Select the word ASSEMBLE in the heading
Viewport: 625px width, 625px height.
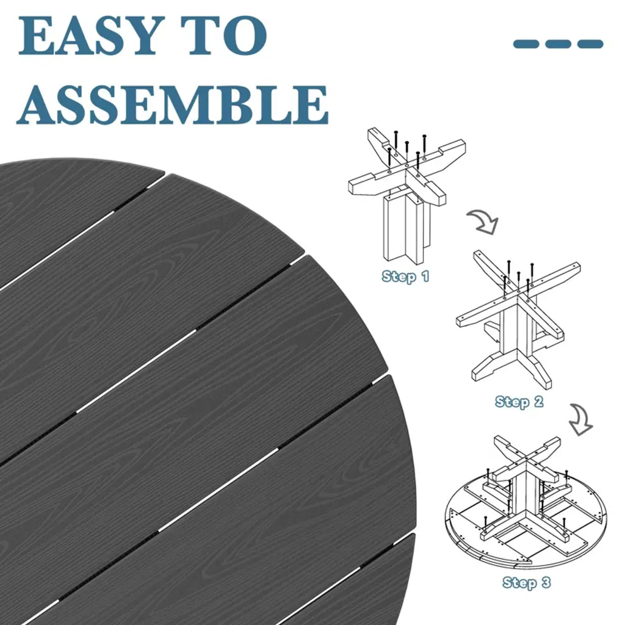click(173, 104)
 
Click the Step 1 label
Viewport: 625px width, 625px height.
click(405, 276)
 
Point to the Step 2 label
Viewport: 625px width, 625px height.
click(519, 402)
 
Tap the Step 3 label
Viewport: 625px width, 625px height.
click(527, 583)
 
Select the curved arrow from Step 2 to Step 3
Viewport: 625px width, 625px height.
click(581, 419)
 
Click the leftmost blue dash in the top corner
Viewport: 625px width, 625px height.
click(526, 44)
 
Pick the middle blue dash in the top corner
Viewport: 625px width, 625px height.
click(558, 44)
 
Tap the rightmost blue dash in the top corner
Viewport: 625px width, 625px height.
click(590, 44)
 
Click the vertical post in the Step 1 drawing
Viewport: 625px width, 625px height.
click(406, 227)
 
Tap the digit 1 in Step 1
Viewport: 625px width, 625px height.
click(425, 276)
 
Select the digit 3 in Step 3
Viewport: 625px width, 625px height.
click(546, 582)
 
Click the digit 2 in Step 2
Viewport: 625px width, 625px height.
click(538, 401)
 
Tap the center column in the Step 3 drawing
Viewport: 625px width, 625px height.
click(526, 490)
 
